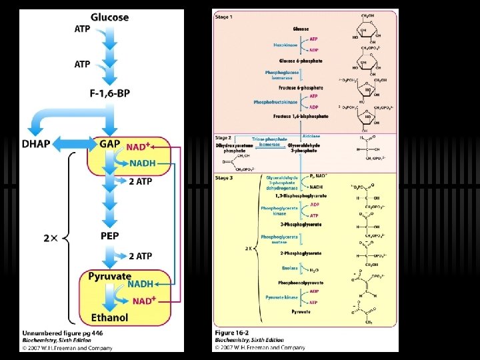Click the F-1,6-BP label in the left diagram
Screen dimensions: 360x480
(x=109, y=95)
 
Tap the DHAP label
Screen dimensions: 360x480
(x=37, y=144)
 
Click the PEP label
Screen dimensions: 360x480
(x=110, y=236)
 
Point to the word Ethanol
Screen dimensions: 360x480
(x=109, y=317)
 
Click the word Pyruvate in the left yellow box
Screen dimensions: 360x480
(x=110, y=276)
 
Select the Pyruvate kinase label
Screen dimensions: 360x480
(x=281, y=297)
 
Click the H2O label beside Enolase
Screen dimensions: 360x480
(x=313, y=270)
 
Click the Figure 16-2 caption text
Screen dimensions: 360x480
(x=233, y=331)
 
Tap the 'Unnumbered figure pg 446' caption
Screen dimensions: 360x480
(x=61, y=331)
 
